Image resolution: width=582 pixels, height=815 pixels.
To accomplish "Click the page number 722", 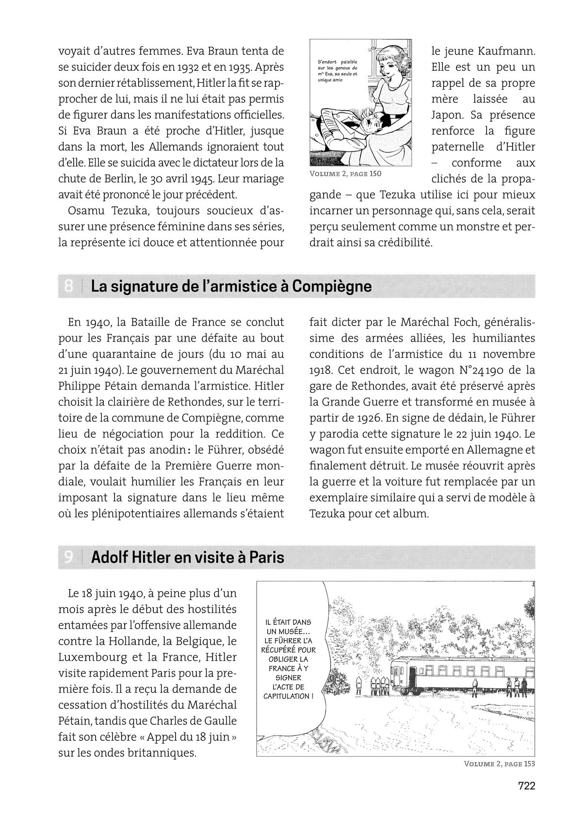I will [526, 786].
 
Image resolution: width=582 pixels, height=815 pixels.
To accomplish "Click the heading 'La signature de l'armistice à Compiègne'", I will [231, 287].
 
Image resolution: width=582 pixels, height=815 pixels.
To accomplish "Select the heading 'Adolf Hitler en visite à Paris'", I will [188, 557].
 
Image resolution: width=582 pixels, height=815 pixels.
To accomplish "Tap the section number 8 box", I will [69, 287].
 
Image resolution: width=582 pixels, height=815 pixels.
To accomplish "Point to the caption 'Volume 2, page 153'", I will [499, 764].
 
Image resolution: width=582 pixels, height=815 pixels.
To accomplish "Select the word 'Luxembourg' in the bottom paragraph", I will [91, 657].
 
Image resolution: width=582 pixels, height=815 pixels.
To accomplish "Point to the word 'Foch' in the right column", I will [454, 323].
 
